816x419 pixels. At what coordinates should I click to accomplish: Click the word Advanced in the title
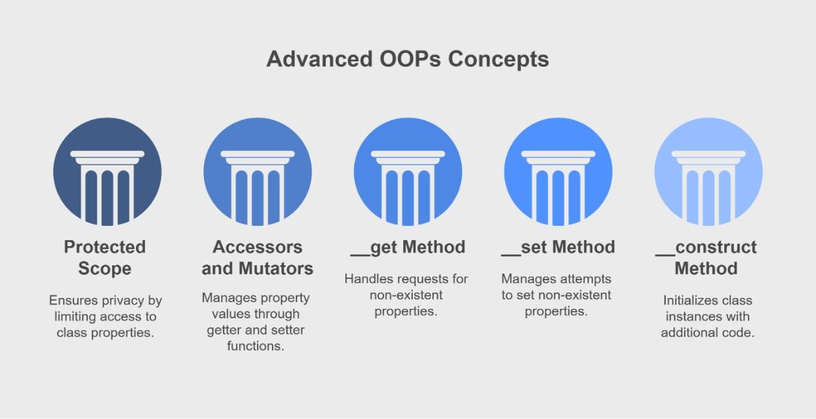click(320, 59)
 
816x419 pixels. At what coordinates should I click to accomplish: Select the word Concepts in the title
click(498, 60)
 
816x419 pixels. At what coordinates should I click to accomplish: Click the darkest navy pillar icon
click(107, 171)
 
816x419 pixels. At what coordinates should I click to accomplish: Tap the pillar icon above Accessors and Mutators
click(258, 171)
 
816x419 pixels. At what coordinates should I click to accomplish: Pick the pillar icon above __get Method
click(407, 171)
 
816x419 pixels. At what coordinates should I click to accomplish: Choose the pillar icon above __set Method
click(558, 171)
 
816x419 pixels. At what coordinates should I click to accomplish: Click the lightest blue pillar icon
click(709, 171)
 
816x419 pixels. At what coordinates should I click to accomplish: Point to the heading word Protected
click(105, 247)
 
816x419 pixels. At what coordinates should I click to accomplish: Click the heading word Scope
click(105, 269)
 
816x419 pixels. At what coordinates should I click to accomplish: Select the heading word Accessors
click(258, 247)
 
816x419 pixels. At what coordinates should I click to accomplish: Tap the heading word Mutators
click(276, 269)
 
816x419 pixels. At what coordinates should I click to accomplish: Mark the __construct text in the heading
click(706, 248)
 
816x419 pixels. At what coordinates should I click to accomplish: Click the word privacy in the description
click(122, 301)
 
